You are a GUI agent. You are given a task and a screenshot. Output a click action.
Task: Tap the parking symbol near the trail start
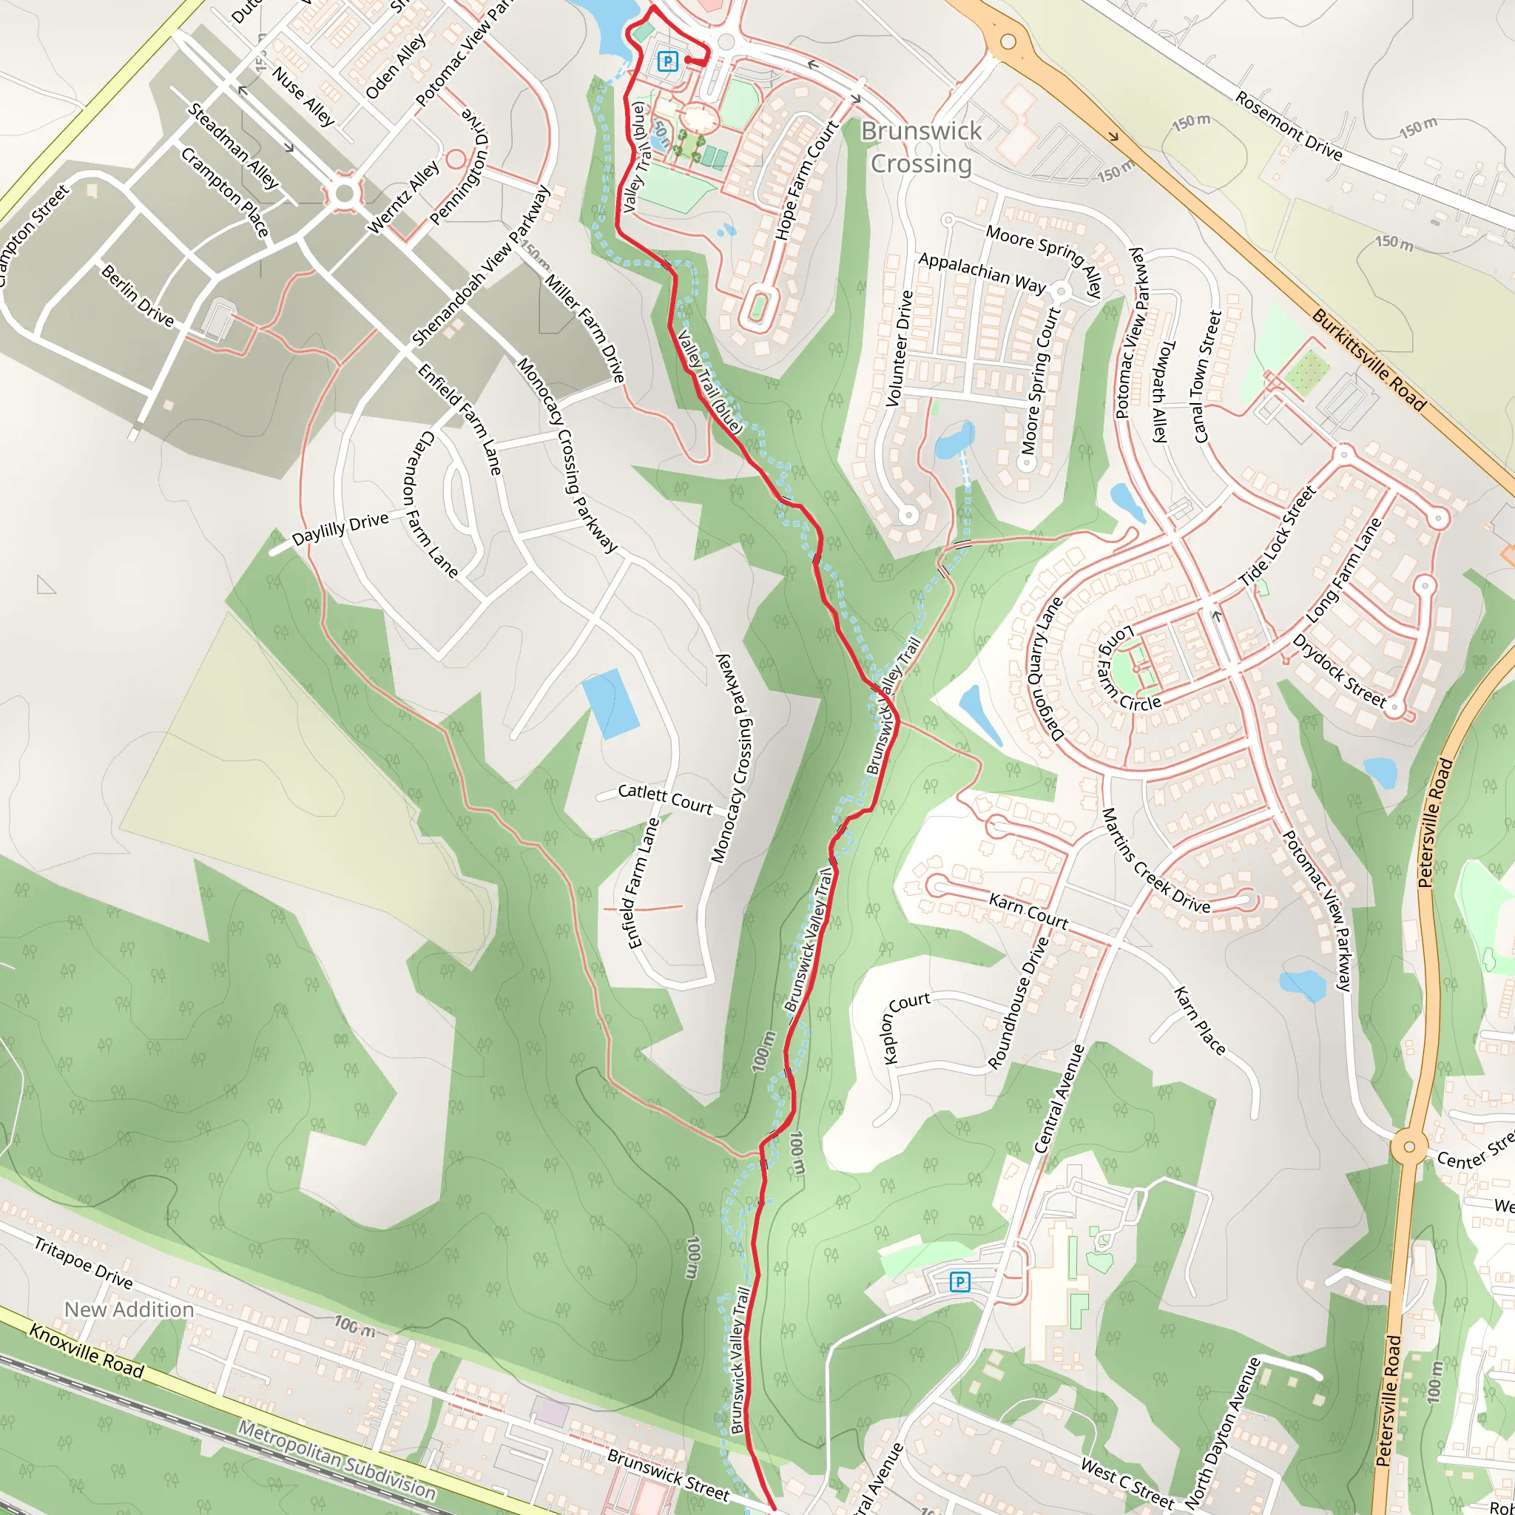667,61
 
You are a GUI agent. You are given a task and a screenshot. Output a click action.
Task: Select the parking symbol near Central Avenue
959,1282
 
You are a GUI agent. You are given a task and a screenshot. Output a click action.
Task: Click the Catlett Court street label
665,798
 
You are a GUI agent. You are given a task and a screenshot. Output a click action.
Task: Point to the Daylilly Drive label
340,528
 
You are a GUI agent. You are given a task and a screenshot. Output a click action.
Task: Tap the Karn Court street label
1028,911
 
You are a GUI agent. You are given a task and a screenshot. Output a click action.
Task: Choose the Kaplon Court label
905,1026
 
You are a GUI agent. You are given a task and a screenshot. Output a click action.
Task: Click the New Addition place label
129,1309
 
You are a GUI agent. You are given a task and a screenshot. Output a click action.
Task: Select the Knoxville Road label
87,1351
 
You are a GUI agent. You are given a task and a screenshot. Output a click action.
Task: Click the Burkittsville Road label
1369,360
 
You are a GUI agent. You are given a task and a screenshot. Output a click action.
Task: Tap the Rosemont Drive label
1289,126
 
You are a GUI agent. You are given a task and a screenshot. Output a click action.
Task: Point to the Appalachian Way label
982,272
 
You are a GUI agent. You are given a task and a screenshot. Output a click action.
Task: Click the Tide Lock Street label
1277,537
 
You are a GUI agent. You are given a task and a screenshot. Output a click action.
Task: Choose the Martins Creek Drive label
1156,861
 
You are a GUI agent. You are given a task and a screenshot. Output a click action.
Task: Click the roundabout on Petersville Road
1409,1147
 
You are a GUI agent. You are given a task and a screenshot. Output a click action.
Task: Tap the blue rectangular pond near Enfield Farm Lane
610,703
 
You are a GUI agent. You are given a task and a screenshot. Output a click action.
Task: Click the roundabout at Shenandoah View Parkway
343,194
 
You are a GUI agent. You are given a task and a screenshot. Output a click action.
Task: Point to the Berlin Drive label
138,296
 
